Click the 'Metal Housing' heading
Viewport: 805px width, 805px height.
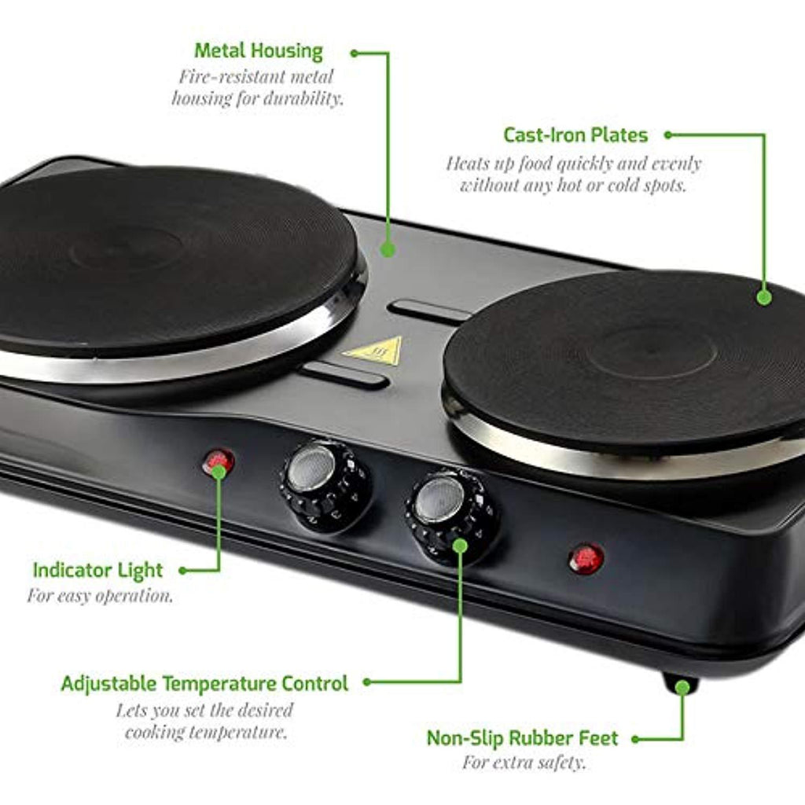click(259, 51)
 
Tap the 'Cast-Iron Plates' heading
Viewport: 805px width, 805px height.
click(575, 135)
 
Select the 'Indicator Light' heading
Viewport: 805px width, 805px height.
click(97, 571)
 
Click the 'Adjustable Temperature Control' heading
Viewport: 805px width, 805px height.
click(204, 684)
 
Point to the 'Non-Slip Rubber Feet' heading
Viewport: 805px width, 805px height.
click(522, 738)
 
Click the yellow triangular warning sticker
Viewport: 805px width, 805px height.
click(373, 351)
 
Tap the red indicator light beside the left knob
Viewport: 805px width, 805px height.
click(219, 461)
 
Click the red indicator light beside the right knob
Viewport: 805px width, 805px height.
click(586, 559)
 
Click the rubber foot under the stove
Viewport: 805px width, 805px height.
click(681, 685)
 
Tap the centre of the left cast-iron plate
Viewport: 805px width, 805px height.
click(127, 250)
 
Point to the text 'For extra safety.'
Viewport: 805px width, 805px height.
click(524, 763)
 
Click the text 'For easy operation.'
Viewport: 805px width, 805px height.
click(100, 596)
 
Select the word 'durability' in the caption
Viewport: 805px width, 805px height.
click(301, 98)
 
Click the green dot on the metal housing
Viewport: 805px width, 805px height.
click(388, 249)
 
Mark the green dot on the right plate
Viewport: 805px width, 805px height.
click(764, 297)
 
